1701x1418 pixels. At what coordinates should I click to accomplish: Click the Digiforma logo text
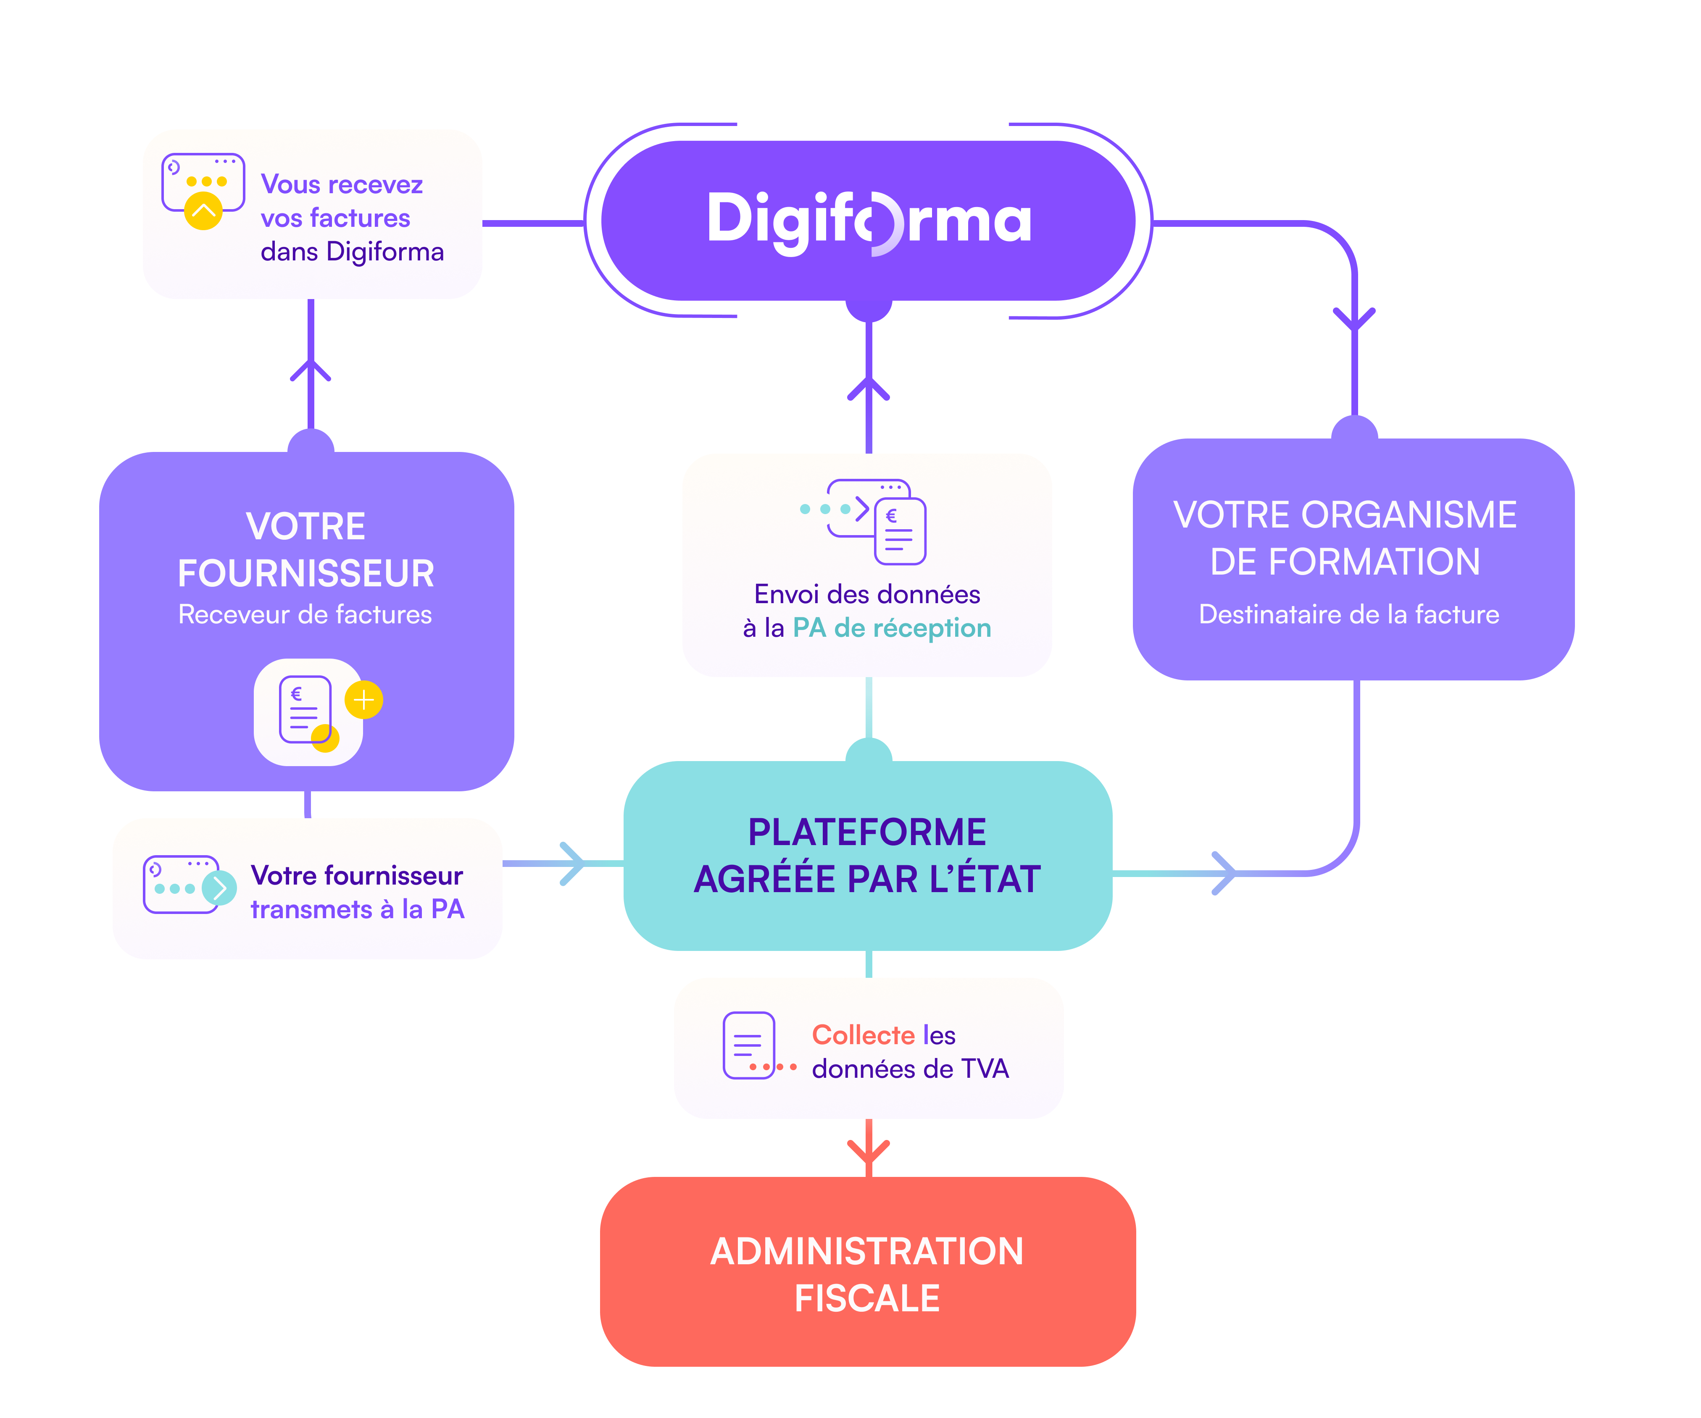(x=869, y=220)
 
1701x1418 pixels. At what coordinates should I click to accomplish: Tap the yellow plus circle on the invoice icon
(x=364, y=700)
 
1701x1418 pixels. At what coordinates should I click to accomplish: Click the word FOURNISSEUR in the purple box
(x=306, y=573)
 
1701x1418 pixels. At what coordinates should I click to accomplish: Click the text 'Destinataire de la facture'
(x=1348, y=614)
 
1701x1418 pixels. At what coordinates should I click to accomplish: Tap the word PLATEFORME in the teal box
(x=867, y=832)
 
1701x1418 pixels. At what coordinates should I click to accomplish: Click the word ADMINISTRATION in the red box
(x=867, y=1251)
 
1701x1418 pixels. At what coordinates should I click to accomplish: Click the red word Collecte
(x=864, y=1035)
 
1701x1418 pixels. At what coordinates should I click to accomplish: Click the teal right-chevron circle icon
(x=219, y=888)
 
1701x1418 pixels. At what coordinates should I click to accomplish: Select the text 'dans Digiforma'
(x=353, y=252)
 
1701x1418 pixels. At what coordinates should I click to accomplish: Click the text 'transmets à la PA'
(x=357, y=909)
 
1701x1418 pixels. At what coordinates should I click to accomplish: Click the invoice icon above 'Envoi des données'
(x=899, y=531)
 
